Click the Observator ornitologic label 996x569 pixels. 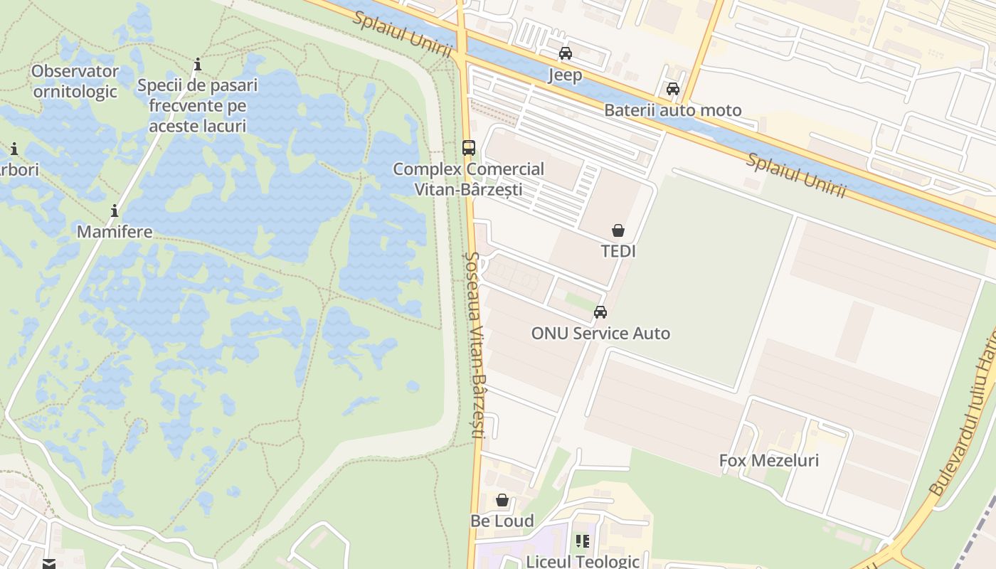75,81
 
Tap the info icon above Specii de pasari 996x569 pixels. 198,65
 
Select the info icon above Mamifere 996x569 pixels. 114,211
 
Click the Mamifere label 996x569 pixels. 115,232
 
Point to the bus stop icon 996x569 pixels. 468,147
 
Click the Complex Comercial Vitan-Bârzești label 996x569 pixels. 468,179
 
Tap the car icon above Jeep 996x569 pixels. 566,53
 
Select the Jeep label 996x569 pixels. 565,75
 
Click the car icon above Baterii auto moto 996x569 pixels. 672,89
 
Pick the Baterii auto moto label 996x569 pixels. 672,110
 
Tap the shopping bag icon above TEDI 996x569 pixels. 618,230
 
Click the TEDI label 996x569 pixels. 618,251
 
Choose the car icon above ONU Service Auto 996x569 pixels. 600,312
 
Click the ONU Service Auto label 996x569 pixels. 600,333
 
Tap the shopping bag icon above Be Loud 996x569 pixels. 502,500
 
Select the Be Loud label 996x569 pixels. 502,521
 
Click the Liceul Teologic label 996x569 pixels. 582,561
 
